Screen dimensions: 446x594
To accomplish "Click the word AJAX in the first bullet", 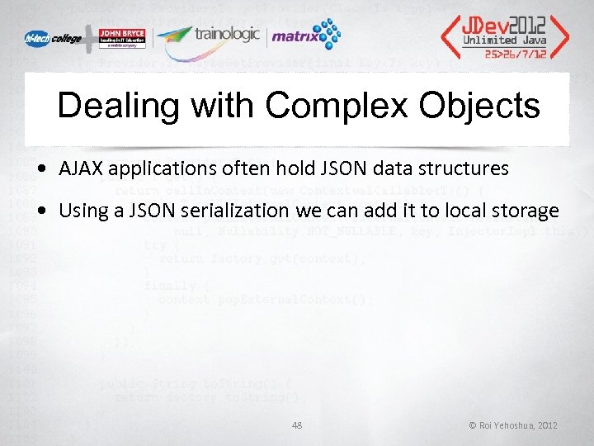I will point(79,169).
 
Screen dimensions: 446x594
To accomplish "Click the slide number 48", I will point(298,425).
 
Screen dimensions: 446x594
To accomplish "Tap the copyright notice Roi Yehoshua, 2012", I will point(513,425).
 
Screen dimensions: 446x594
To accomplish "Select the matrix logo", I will point(305,36).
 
